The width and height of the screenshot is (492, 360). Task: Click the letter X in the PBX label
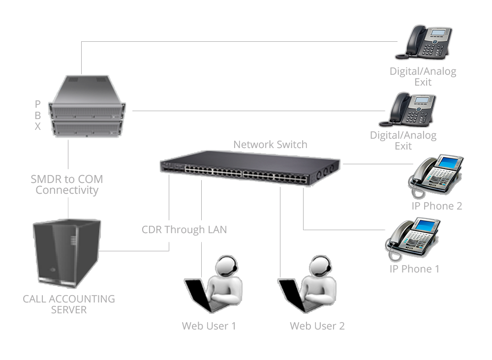pos(38,126)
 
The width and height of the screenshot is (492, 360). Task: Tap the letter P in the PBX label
pos(38,104)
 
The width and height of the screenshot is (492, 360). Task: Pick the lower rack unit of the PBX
pos(86,128)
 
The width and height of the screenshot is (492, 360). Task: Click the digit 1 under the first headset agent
pos(233,326)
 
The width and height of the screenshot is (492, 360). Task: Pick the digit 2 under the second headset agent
pos(341,326)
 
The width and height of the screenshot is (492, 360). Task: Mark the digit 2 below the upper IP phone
pos(459,206)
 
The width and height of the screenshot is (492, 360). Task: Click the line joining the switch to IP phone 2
pos(374,164)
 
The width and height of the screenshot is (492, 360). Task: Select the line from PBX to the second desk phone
pos(246,111)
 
